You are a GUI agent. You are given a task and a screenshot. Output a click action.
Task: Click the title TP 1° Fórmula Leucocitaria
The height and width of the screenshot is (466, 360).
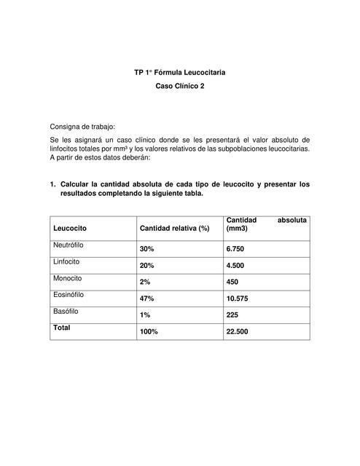tap(180, 73)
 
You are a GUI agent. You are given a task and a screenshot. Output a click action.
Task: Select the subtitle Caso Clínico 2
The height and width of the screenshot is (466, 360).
tap(180, 87)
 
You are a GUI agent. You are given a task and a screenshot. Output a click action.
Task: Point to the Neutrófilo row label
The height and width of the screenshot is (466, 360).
tap(69, 245)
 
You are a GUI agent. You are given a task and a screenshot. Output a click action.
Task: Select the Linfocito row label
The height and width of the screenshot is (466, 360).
tap(66, 261)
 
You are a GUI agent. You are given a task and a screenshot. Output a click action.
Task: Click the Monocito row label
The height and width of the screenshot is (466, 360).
tap(68, 278)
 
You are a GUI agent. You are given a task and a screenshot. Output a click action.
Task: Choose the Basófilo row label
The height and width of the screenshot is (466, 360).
tap(66, 311)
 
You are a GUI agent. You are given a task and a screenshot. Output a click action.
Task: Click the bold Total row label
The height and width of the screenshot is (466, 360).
tap(61, 328)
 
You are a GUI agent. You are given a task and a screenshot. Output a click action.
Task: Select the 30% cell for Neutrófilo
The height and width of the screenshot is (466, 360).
tap(147, 249)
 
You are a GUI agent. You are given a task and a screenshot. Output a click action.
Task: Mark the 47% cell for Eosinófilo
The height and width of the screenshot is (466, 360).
tap(147, 299)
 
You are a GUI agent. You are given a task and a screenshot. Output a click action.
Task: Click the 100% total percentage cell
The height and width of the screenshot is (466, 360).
tap(149, 331)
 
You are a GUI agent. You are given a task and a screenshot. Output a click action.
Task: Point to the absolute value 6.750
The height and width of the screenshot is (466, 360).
tap(236, 249)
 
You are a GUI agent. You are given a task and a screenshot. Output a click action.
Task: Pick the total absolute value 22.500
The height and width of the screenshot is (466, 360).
tap(238, 331)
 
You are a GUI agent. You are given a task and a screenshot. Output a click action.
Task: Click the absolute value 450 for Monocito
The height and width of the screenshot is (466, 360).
tap(233, 282)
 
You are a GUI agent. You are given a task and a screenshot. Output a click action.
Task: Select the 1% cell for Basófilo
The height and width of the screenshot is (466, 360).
tap(146, 315)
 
